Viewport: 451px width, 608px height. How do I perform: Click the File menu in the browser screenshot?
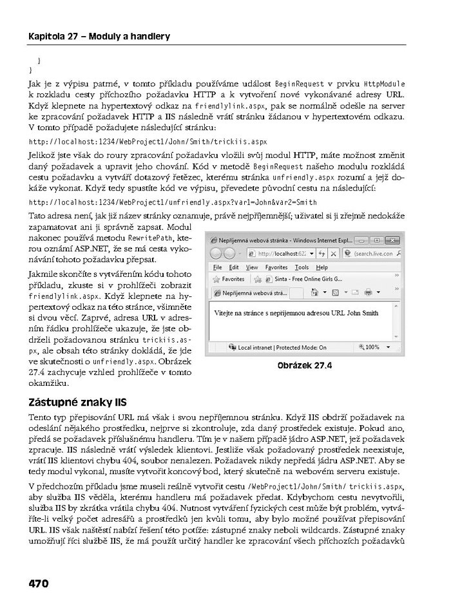click(x=217, y=267)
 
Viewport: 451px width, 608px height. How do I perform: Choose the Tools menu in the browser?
click(x=302, y=267)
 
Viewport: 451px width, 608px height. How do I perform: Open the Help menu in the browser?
click(x=321, y=267)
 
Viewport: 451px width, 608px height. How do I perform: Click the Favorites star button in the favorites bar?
click(x=229, y=280)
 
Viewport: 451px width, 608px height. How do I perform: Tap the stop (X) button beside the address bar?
click(x=340, y=253)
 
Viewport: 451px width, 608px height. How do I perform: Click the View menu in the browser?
click(x=252, y=267)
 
